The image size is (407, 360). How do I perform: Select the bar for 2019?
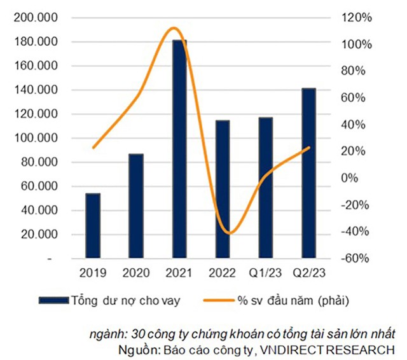click(x=93, y=226)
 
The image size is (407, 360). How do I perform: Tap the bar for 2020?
click(x=136, y=206)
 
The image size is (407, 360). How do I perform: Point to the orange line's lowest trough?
click(x=230, y=233)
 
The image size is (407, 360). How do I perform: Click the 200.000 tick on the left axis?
click(x=36, y=18)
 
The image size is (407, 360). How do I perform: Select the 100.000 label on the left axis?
click(x=36, y=138)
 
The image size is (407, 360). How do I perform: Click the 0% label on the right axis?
click(x=351, y=178)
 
